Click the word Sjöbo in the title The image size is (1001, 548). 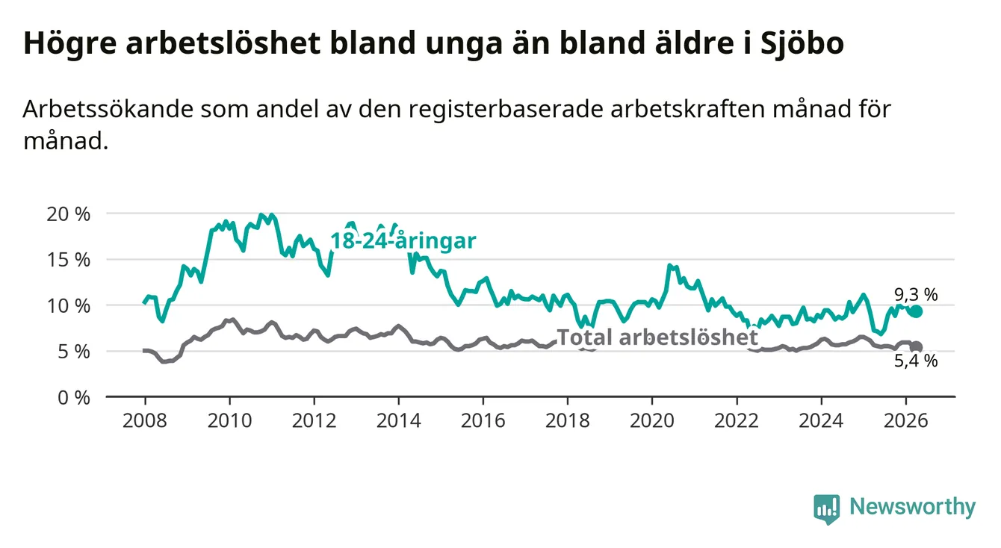tap(802, 43)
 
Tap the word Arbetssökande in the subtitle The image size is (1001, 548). tap(108, 109)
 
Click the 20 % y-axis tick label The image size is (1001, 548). tap(69, 214)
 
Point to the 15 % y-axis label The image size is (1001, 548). tap(69, 260)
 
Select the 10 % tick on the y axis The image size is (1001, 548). tap(69, 306)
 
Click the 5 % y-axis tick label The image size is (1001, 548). tap(74, 352)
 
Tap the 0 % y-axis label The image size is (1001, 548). tap(74, 398)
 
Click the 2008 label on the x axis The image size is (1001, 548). tap(145, 421)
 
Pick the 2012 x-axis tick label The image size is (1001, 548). tap(314, 421)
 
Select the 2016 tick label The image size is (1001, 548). tap(483, 421)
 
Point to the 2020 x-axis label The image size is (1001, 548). tap(652, 421)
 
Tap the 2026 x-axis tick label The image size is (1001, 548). tap(906, 421)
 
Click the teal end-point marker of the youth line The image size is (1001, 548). tap(916, 311)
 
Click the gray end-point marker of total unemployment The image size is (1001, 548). tap(916, 347)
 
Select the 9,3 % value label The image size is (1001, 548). tap(916, 295)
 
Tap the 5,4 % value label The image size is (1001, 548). tap(916, 361)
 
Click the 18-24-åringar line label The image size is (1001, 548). tap(403, 240)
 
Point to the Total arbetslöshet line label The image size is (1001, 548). tap(657, 337)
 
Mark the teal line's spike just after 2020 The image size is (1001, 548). tap(670, 266)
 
